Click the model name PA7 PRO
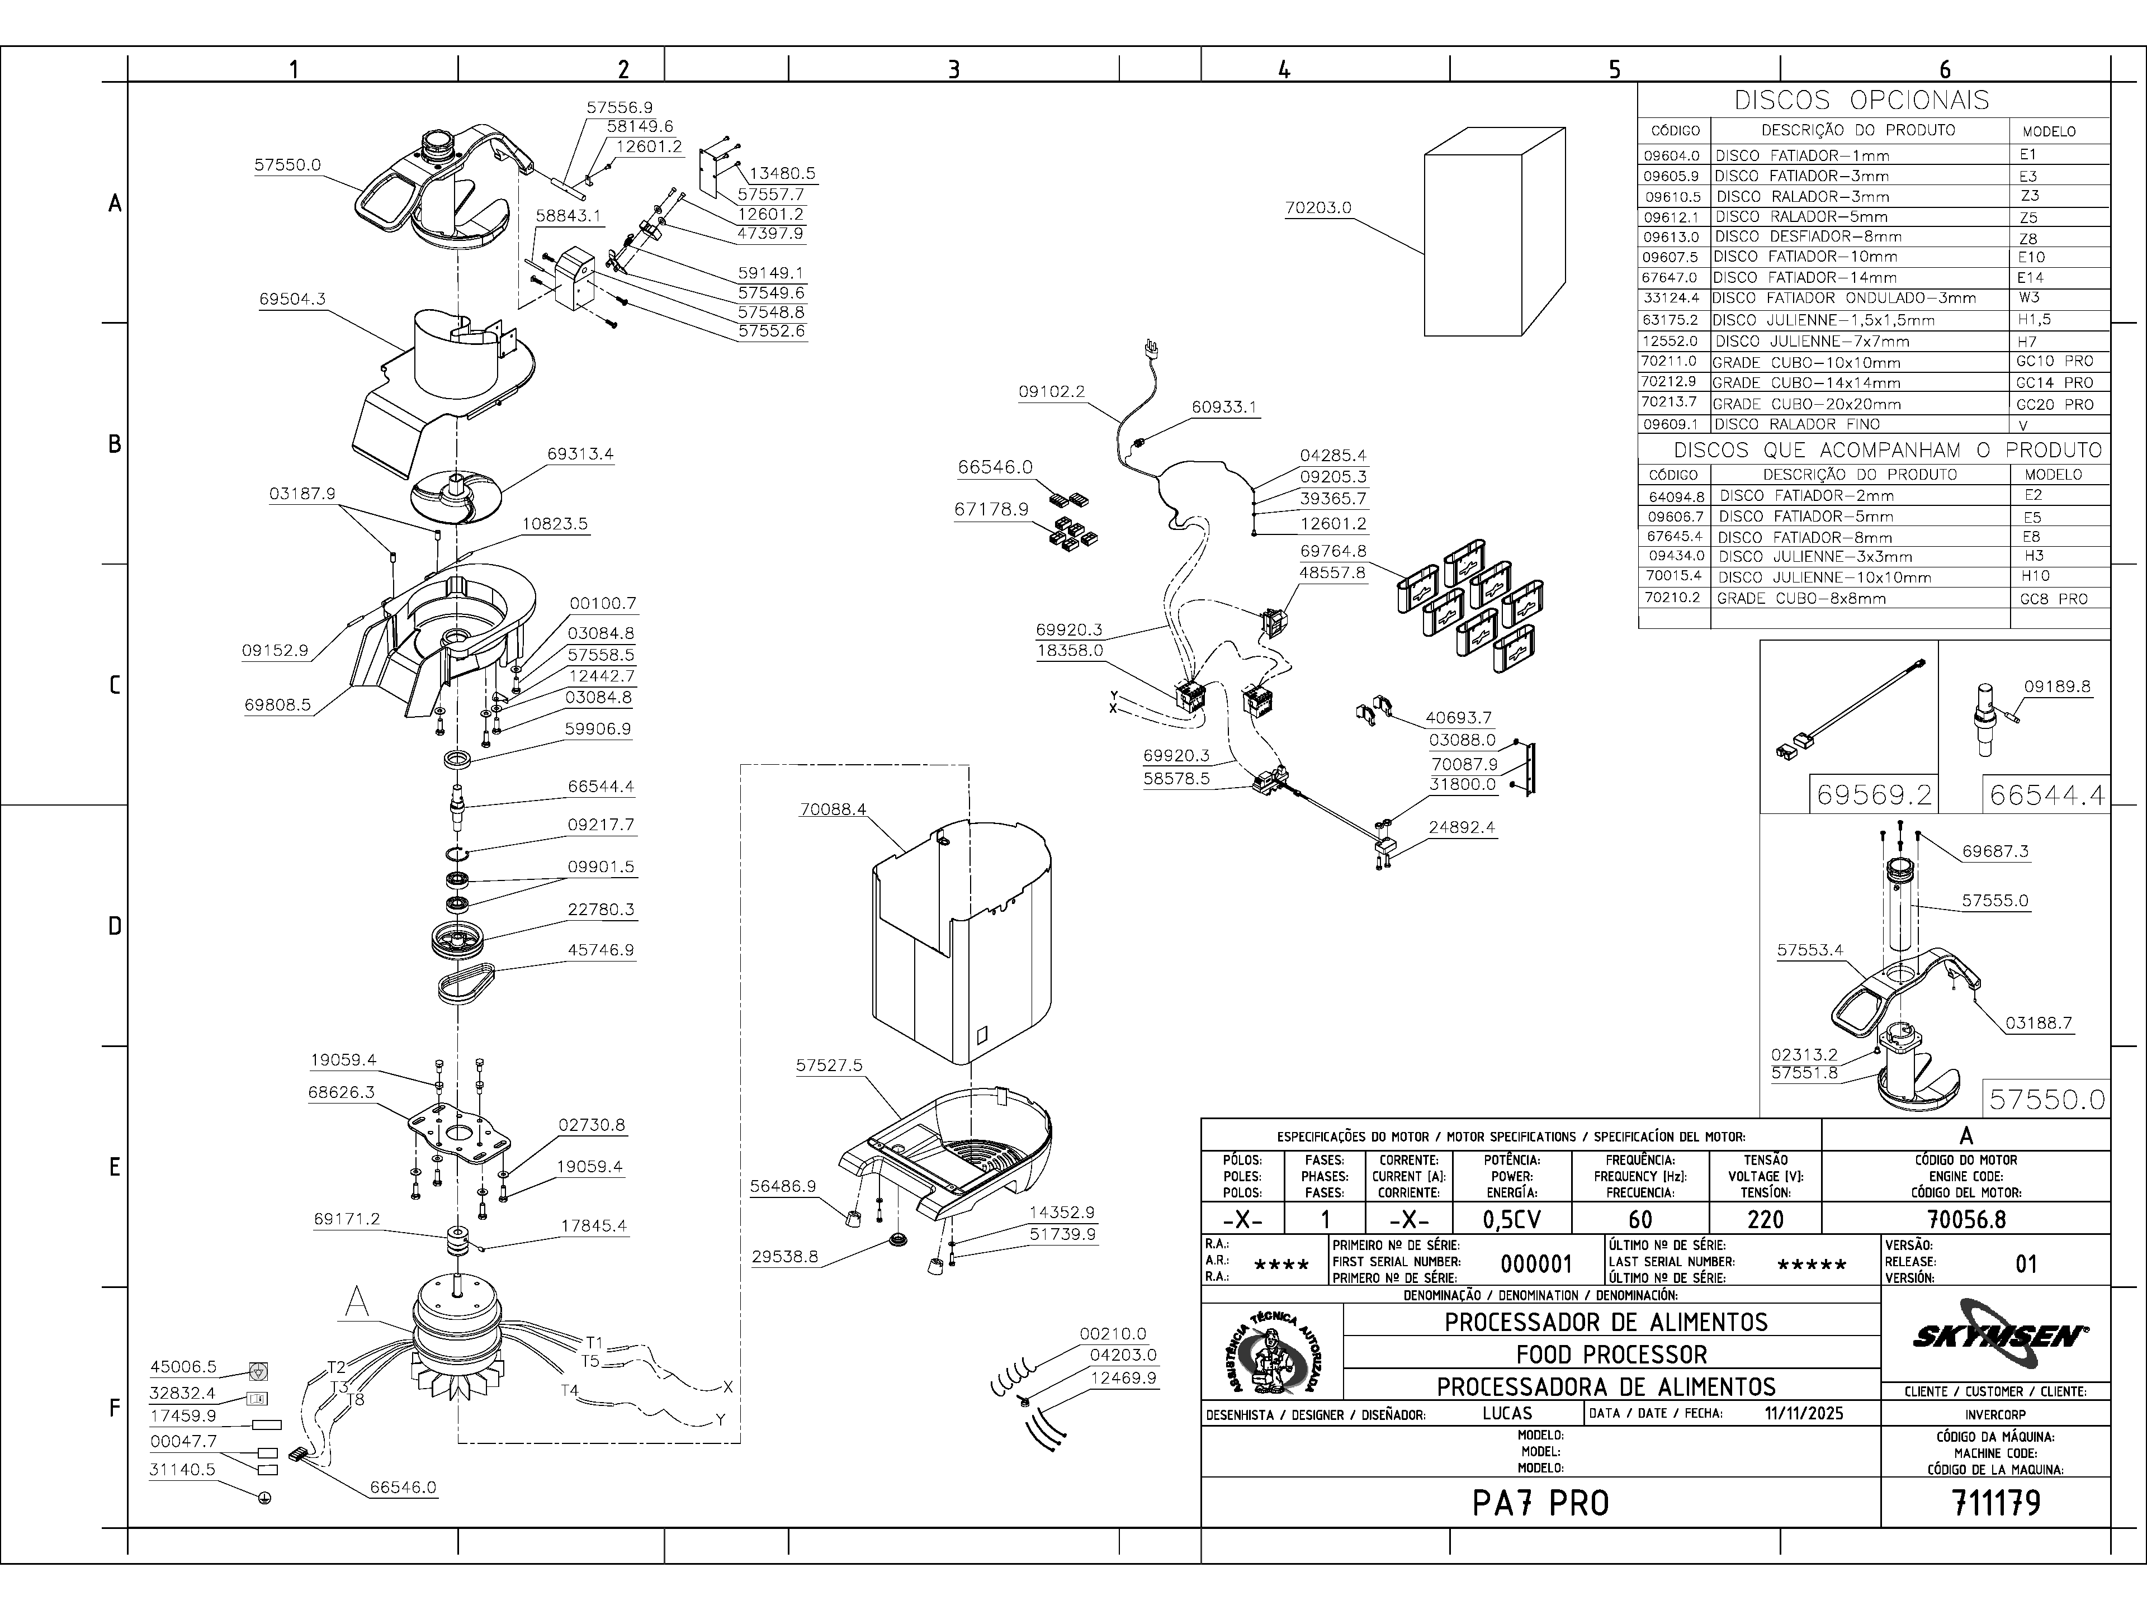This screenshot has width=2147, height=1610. [x=1540, y=1503]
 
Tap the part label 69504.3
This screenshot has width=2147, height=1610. [x=292, y=300]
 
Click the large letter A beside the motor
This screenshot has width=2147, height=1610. [x=357, y=1303]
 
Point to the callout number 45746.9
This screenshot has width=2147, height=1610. [x=601, y=950]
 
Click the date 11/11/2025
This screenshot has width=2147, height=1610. [x=1803, y=1413]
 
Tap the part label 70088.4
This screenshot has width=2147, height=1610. [x=833, y=809]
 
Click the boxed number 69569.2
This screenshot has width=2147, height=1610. [x=1873, y=796]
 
